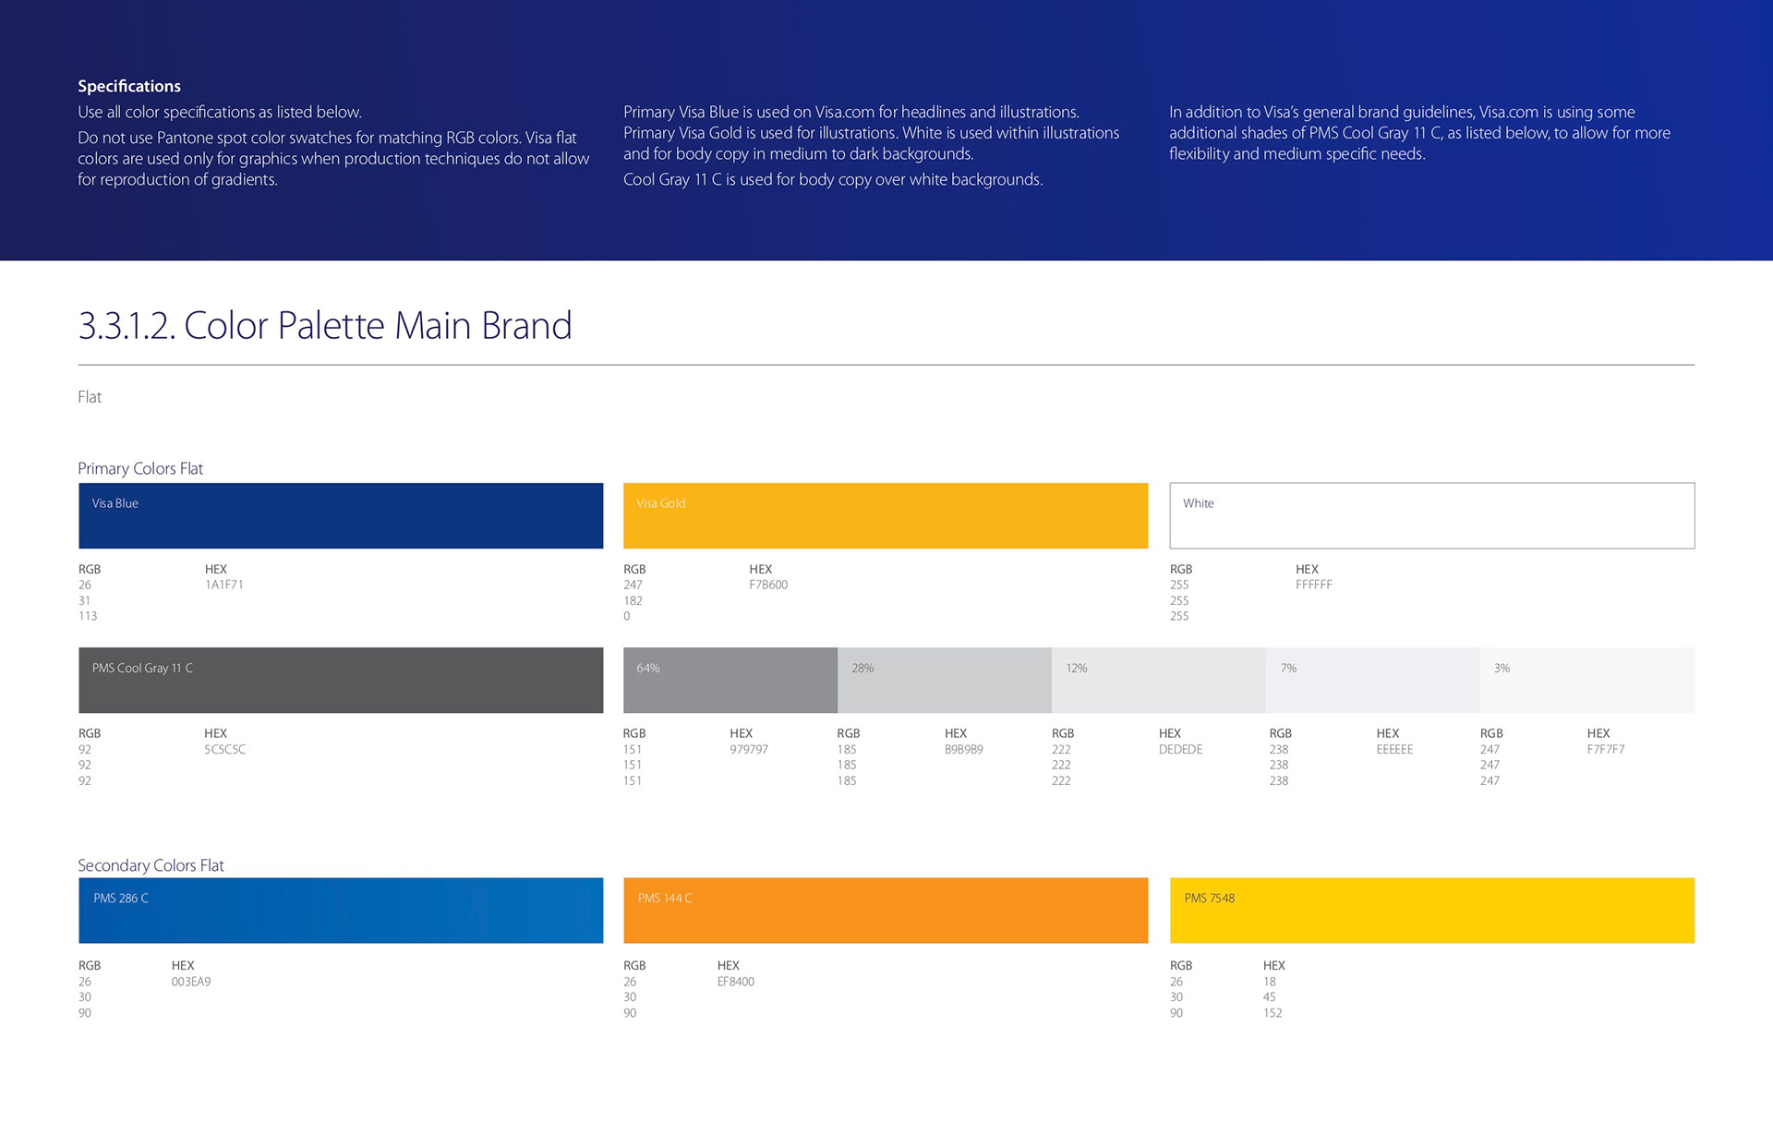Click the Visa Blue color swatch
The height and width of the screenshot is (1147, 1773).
(341, 515)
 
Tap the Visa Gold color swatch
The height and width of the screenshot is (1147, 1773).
(886, 515)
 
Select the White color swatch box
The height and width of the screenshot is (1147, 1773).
(1431, 515)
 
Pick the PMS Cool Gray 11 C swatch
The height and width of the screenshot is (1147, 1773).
(341, 680)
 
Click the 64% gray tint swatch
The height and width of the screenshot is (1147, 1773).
(730, 680)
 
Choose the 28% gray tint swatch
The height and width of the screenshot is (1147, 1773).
(945, 680)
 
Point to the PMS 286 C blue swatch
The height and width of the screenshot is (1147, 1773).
(341, 910)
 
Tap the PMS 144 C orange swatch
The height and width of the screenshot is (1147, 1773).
(886, 910)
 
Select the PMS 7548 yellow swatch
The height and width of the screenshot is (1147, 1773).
(1431, 910)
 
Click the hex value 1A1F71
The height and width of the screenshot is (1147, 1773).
(224, 585)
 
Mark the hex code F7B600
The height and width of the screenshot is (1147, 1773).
(768, 585)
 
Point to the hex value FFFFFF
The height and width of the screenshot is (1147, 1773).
(1313, 585)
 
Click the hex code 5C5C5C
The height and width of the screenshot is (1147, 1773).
(225, 749)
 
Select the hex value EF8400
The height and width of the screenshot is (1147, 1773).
(736, 982)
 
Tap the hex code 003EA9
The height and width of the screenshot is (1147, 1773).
(191, 982)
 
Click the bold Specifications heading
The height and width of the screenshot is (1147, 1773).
(129, 86)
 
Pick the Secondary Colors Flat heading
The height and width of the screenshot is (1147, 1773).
(151, 865)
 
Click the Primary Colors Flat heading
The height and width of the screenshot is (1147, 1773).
(140, 468)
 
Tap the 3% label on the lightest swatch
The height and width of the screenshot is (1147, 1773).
(1502, 668)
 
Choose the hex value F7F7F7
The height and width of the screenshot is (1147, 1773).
(1606, 749)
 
